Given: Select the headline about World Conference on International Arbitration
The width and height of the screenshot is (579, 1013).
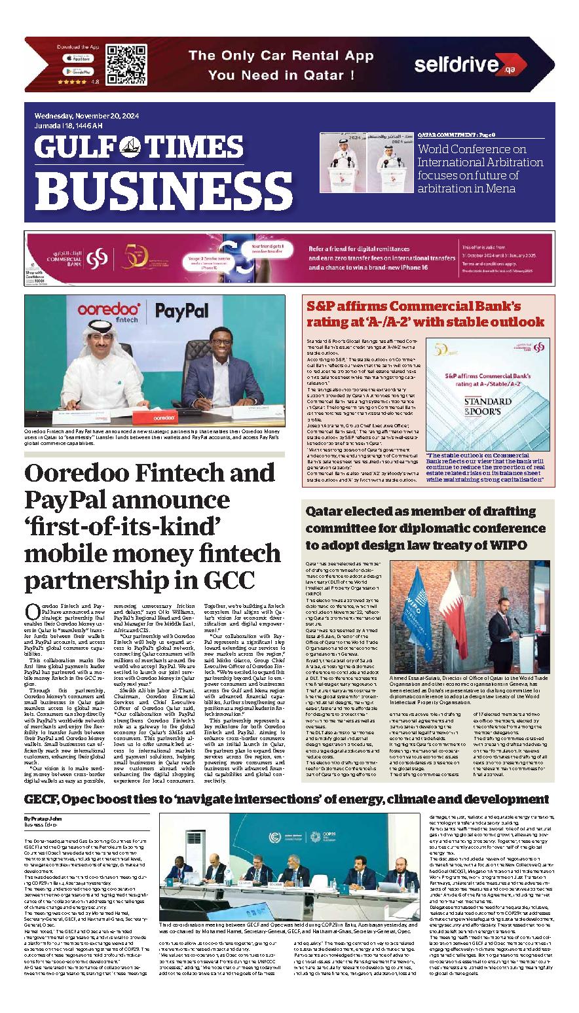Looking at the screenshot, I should [x=481, y=169].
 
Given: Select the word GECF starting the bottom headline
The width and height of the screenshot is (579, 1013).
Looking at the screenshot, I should [x=42, y=800].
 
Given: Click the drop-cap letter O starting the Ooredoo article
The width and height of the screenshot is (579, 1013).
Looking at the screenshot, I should [x=30, y=612].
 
